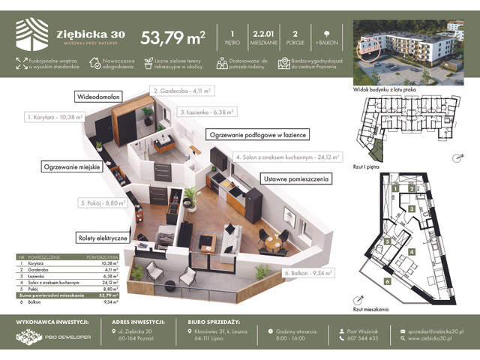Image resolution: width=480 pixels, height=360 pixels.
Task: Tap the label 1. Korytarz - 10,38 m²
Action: point(55,118)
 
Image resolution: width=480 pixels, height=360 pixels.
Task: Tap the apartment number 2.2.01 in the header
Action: point(262,33)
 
